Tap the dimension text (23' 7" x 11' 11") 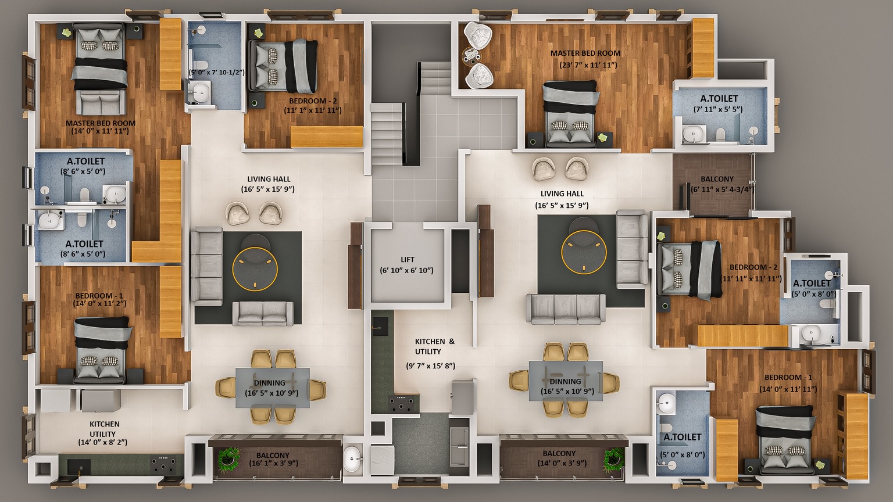pos(588,65)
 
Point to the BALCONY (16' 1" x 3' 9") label pos(273,459)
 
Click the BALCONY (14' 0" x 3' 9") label pos(559,458)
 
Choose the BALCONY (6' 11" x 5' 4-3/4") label pos(722,184)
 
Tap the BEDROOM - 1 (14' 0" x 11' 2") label pos(99,300)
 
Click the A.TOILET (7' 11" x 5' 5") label pos(719,103)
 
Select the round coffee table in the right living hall pos(584,252)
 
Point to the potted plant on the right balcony pos(613,460)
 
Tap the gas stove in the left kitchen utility pos(163,464)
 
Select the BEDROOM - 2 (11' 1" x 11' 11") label pos(313,106)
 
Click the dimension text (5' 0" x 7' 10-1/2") pos(216,72)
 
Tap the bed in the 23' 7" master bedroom pos(570,114)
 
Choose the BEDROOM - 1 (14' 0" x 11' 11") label pos(788,383)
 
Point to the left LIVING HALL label pos(269,180)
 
